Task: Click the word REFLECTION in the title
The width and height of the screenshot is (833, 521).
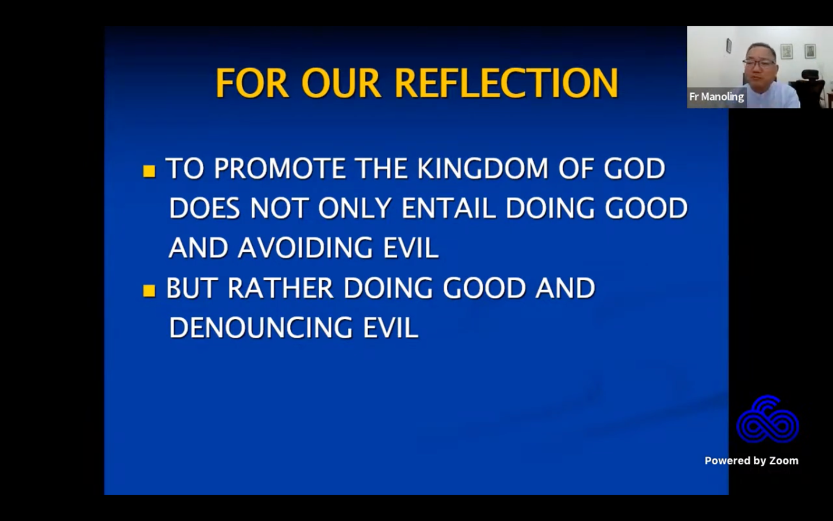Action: [x=506, y=83]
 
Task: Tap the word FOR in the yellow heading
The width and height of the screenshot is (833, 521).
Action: [x=252, y=83]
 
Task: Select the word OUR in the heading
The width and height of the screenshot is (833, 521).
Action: [x=341, y=83]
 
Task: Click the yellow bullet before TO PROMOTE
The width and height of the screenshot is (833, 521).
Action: [x=149, y=171]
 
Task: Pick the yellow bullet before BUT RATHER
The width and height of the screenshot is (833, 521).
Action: [x=149, y=291]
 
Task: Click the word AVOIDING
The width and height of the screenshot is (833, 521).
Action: [x=305, y=248]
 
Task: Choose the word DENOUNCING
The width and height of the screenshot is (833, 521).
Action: [x=260, y=328]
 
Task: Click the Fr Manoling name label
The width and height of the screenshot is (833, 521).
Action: [x=716, y=97]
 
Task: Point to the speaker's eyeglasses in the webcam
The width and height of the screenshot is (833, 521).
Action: [x=759, y=62]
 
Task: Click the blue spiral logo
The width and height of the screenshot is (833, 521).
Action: [x=767, y=420]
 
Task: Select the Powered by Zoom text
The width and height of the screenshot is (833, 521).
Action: [x=751, y=460]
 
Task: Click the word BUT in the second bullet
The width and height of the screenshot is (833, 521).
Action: [x=191, y=288]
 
